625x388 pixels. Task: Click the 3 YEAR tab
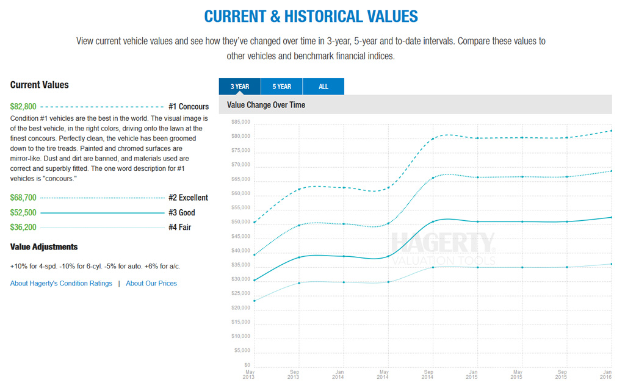(x=239, y=87)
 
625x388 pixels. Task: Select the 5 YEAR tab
(x=281, y=87)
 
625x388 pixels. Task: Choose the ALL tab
(x=323, y=87)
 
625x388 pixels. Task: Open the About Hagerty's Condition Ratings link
(x=61, y=283)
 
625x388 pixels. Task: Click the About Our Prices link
(x=151, y=283)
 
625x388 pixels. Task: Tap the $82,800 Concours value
(x=23, y=106)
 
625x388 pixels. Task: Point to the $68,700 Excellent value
(x=23, y=198)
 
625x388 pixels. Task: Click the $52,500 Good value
(x=23, y=212)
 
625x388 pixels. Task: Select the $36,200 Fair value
(x=23, y=227)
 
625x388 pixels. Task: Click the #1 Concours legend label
(x=189, y=107)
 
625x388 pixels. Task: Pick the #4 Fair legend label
(x=180, y=228)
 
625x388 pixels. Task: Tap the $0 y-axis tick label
(x=247, y=365)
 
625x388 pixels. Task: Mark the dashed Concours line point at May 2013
(x=255, y=222)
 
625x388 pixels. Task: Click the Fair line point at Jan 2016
(x=611, y=264)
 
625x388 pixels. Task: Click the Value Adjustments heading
(x=44, y=247)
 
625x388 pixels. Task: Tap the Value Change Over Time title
(x=266, y=105)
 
